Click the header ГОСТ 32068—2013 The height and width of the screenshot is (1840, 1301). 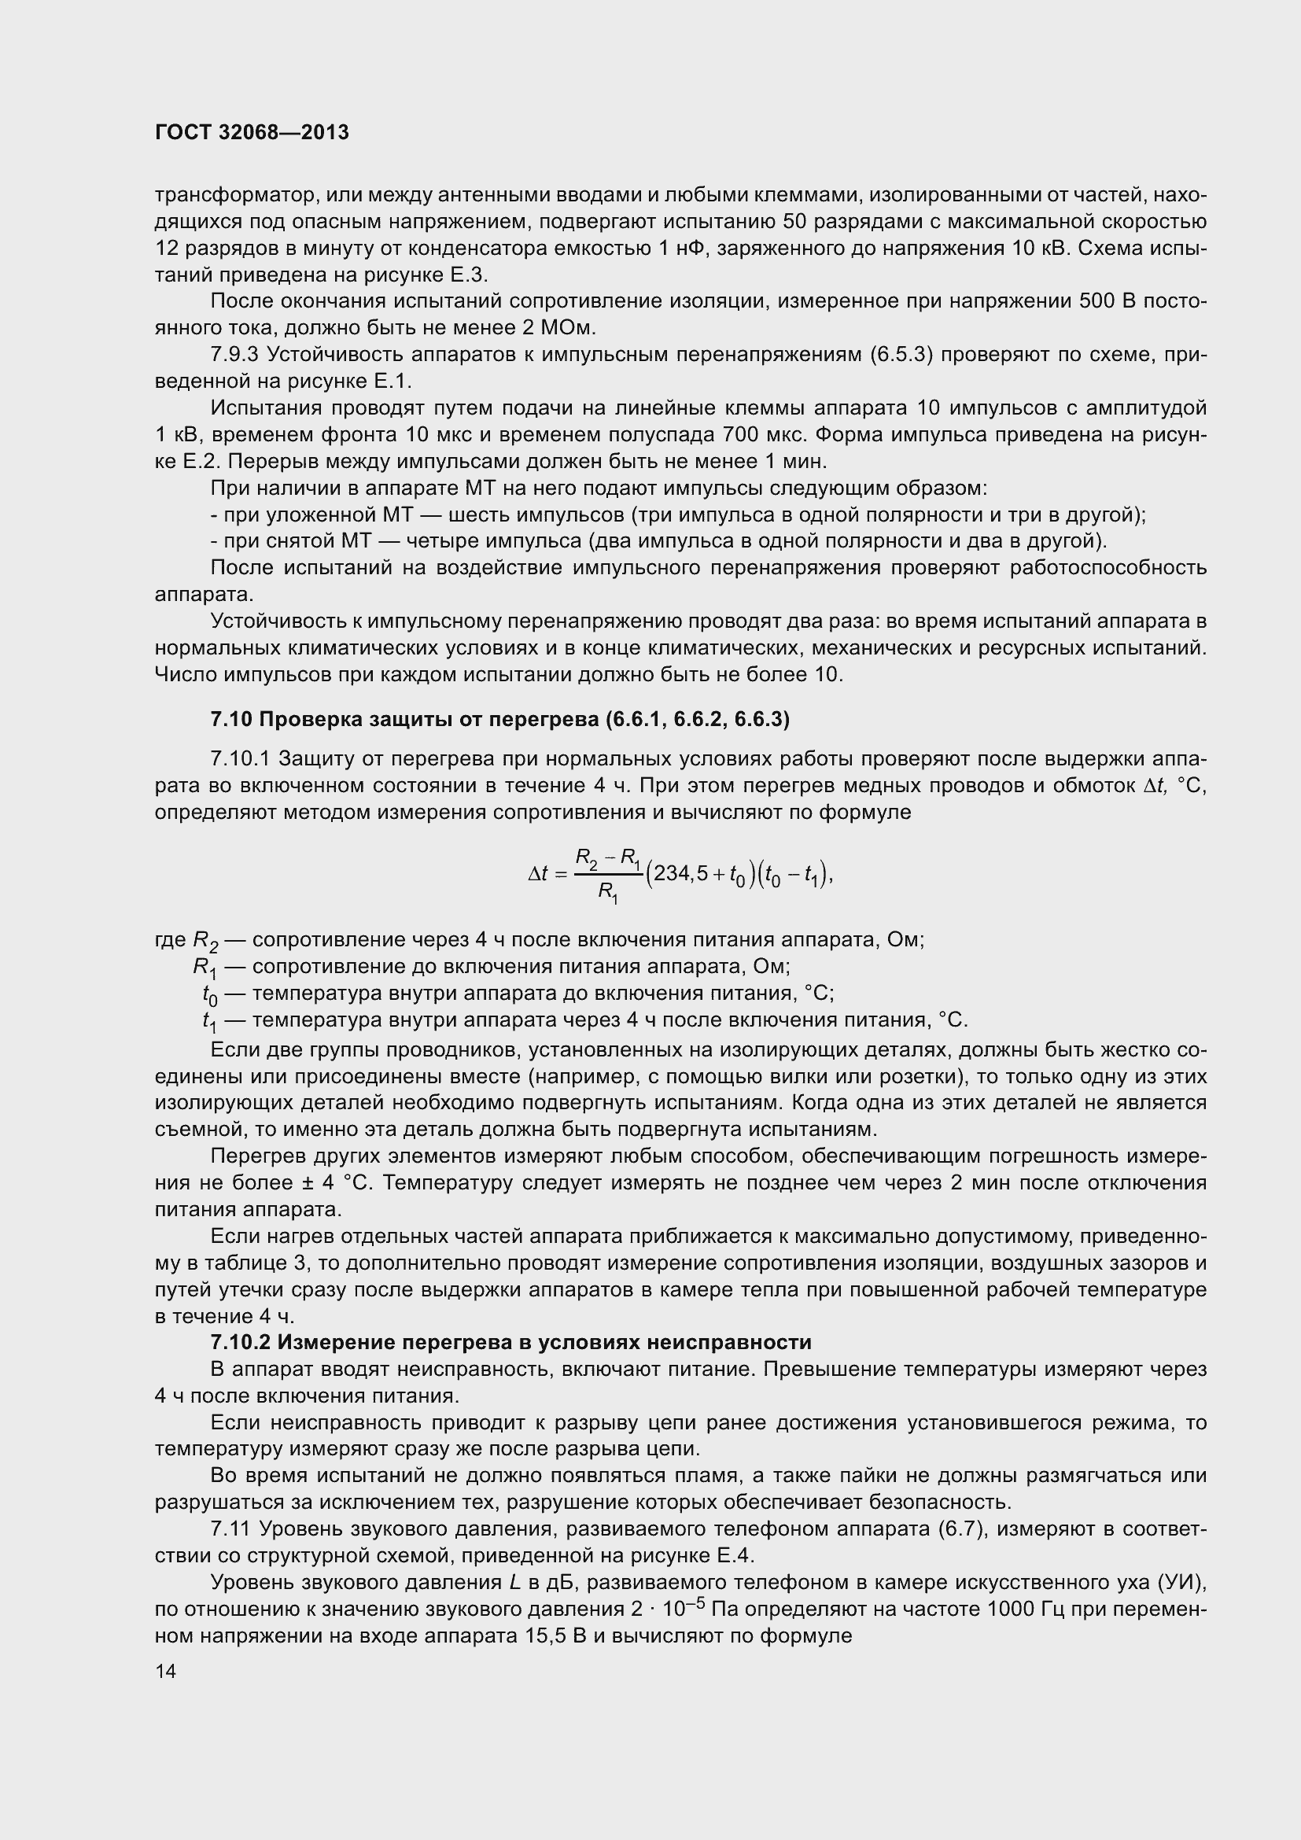[252, 133]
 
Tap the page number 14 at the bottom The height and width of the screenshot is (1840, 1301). [166, 1672]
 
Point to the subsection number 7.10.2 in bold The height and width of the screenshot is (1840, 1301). [241, 1342]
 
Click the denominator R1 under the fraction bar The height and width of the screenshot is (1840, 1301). [609, 893]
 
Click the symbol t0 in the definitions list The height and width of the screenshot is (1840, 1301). [209, 995]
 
